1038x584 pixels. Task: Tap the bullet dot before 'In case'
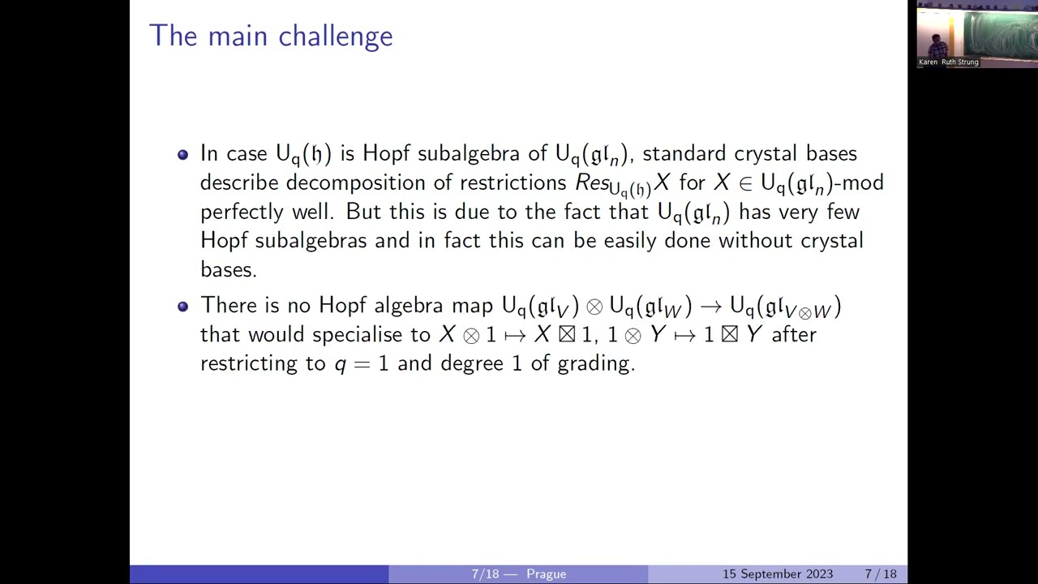[x=182, y=154]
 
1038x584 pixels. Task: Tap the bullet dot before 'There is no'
[x=182, y=306]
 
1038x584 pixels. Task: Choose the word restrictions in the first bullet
[x=512, y=183]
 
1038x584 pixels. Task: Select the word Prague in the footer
[x=546, y=574]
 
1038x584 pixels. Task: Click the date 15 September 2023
[x=777, y=574]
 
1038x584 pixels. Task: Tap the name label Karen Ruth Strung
[x=949, y=62]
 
